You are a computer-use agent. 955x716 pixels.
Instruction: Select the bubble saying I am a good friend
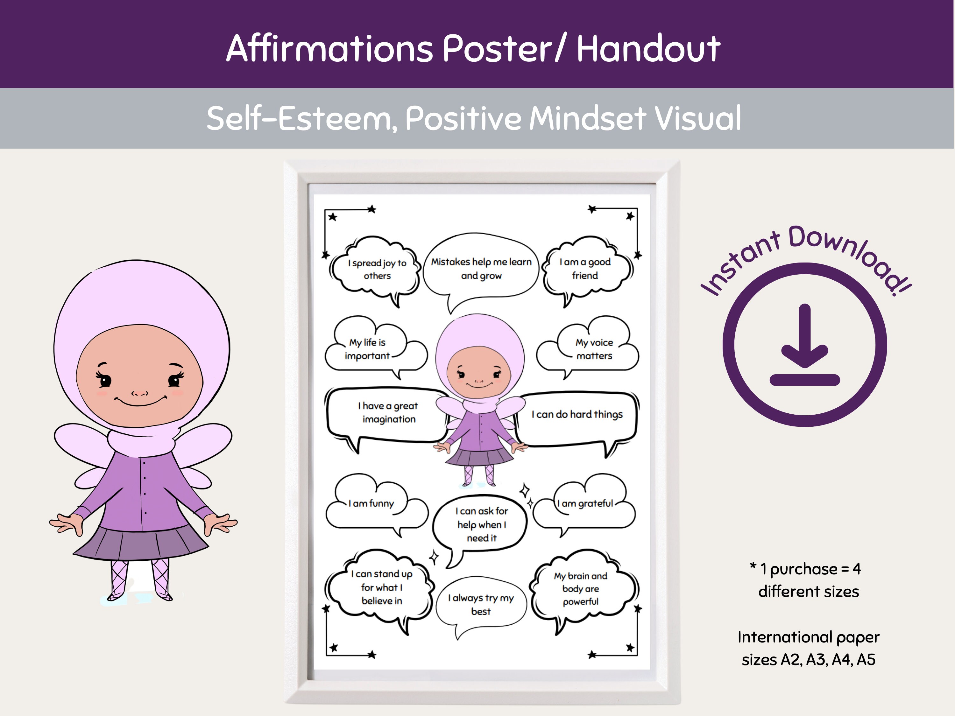click(585, 269)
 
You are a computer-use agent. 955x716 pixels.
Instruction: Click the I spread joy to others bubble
click(377, 269)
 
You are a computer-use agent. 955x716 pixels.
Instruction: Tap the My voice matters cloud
click(594, 349)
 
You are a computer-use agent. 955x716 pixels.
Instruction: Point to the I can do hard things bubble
click(577, 415)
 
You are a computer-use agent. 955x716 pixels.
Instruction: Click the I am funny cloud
click(371, 504)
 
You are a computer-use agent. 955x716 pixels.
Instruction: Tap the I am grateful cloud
click(585, 504)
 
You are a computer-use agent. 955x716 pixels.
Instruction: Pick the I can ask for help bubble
click(481, 524)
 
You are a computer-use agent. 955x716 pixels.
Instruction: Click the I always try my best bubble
click(481, 604)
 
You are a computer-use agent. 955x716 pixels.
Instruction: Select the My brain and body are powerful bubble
click(581, 589)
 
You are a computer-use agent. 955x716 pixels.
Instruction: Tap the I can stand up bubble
click(382, 587)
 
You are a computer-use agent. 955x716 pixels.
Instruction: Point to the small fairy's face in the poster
click(478, 373)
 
